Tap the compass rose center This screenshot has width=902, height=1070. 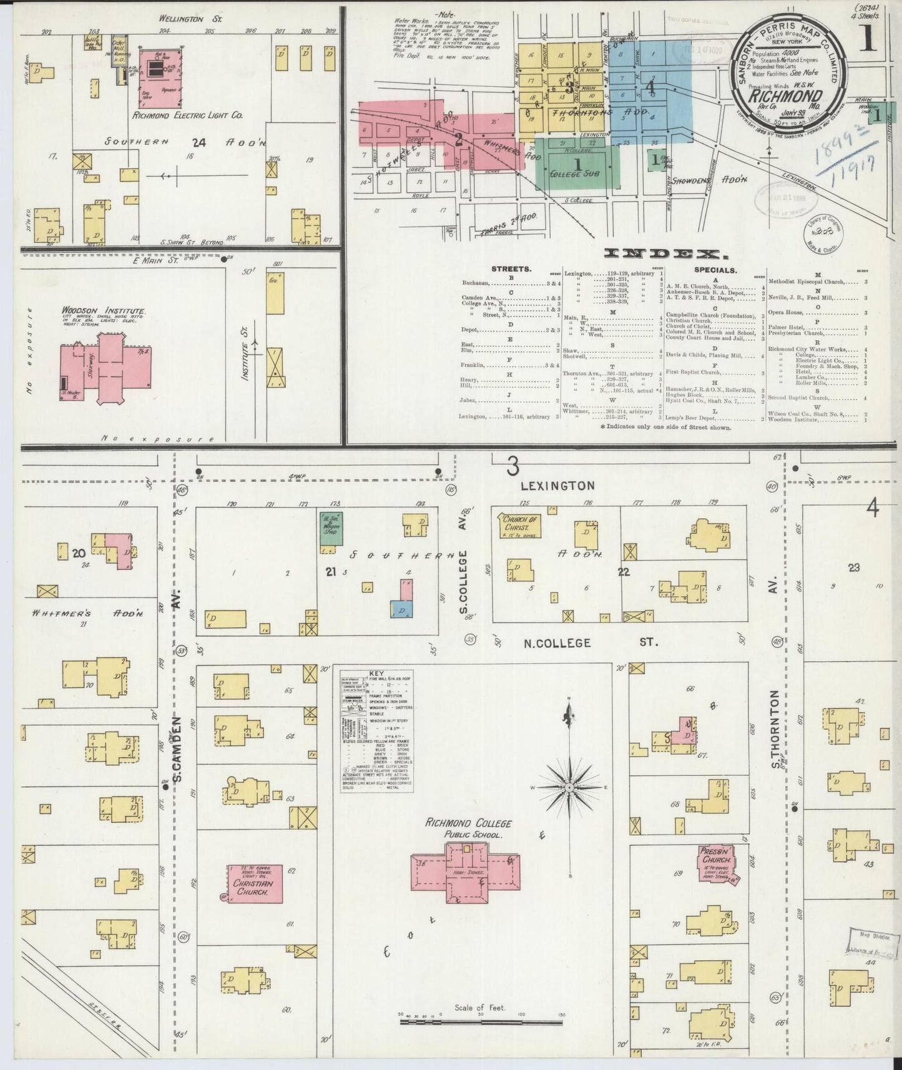(569, 788)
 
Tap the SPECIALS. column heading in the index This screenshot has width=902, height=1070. (715, 270)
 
